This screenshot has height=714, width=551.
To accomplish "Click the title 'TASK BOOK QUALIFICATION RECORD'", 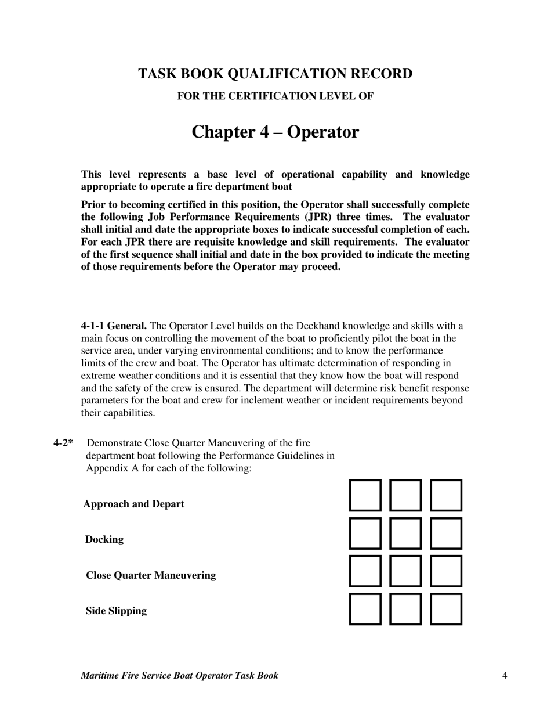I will click(x=275, y=74).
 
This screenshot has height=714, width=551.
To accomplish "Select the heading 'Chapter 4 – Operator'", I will click(x=275, y=132).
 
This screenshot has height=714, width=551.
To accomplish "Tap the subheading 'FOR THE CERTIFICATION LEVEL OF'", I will click(x=275, y=96).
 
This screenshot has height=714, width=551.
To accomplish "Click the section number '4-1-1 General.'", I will click(x=114, y=326).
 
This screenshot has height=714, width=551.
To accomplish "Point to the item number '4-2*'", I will click(x=63, y=443).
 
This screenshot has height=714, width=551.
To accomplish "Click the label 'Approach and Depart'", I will click(x=133, y=504).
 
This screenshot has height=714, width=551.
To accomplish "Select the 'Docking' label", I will click(x=104, y=539).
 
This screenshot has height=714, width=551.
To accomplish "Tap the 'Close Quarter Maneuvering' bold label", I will click(x=151, y=575).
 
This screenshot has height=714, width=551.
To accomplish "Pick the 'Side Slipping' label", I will click(x=116, y=611).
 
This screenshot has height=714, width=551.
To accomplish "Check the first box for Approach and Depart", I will click(x=365, y=495).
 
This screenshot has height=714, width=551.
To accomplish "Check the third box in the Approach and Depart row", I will click(x=446, y=495).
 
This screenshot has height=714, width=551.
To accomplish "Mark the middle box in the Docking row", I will click(x=405, y=533).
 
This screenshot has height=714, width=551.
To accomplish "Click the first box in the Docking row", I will click(x=365, y=533).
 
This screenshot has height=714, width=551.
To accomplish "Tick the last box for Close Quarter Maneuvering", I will click(x=446, y=571).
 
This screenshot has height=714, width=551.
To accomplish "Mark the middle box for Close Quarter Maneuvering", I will click(x=405, y=571).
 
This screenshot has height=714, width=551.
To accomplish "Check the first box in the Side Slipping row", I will click(x=365, y=609).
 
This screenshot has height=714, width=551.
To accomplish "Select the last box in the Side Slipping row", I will click(x=446, y=609).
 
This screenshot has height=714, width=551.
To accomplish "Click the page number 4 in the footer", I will click(x=505, y=675).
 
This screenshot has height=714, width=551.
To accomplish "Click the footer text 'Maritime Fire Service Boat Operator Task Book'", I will click(x=179, y=675).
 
